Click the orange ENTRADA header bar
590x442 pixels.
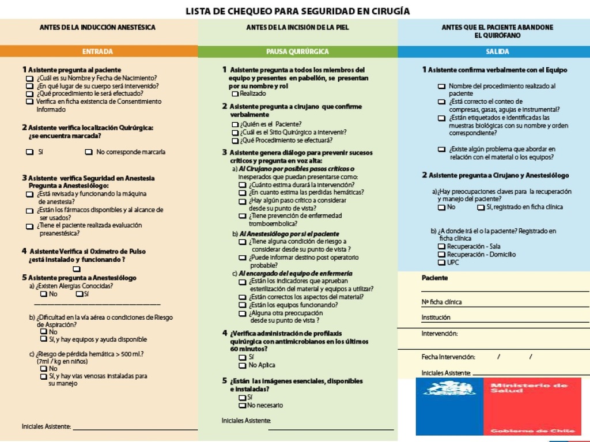click(98, 51)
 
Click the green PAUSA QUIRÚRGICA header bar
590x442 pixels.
click(297, 51)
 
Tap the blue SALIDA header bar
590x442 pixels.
click(497, 51)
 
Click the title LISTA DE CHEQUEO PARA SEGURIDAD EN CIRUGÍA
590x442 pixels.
click(297, 11)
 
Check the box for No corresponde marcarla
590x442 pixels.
click(89, 152)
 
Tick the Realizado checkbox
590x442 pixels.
click(235, 93)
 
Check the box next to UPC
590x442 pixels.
click(441, 263)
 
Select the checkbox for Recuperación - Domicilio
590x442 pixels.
click(441, 255)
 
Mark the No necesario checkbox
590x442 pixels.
click(243, 406)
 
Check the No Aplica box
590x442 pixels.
click(243, 365)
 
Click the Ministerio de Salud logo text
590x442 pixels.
click(528, 388)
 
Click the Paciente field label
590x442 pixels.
click(434, 278)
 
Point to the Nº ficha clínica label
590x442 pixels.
click(441, 302)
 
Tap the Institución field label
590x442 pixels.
click(436, 318)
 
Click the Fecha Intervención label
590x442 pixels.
click(448, 357)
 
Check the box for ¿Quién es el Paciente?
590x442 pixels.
click(235, 124)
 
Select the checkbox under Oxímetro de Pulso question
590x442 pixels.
click(77, 269)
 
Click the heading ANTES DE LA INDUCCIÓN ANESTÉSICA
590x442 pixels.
click(97, 27)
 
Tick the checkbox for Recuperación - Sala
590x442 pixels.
click(441, 247)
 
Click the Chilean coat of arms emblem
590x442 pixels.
click(450, 388)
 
